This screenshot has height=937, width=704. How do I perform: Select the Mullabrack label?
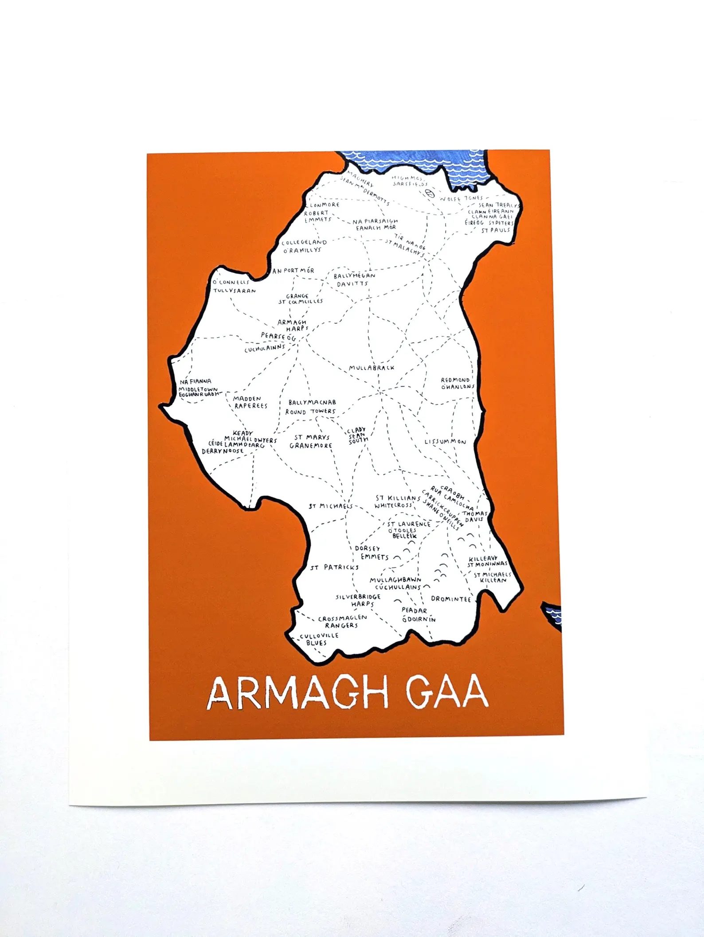371,368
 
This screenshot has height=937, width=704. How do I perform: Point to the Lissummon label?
445,442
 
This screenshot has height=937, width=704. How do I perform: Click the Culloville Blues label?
318,639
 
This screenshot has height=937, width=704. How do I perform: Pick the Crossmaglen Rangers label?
342,622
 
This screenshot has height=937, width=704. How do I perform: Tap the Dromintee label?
451,599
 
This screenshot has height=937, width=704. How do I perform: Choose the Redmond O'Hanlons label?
457,383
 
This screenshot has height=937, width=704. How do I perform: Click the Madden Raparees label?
250,402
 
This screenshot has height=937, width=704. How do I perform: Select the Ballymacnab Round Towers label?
311,407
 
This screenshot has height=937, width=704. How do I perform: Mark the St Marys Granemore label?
311,441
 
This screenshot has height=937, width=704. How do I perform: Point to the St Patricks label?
334,568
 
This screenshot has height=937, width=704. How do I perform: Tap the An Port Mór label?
293,271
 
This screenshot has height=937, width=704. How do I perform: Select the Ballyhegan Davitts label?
354,280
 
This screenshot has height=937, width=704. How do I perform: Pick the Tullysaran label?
235,291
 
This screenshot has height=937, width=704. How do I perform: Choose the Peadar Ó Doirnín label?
418,615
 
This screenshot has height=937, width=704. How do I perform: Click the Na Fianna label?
196,381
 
